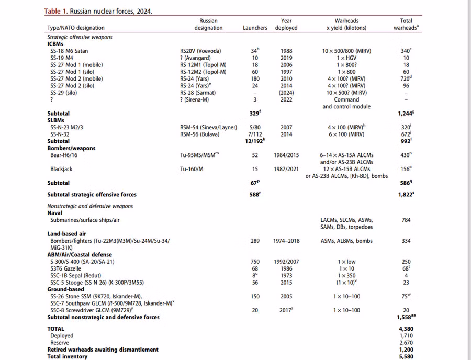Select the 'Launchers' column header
[x=255, y=28]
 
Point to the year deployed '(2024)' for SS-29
[x=286, y=93]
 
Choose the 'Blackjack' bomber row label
[x=62, y=169]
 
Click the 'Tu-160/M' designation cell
[x=191, y=169]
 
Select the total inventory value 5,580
[x=406, y=356]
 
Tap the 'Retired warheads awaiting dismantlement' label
[x=103, y=350]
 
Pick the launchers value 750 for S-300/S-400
[x=255, y=262]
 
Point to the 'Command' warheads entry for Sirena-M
[x=346, y=99]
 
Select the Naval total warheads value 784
[x=406, y=220]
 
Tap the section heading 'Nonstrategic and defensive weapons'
[x=90, y=206]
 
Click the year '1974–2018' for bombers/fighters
[x=286, y=241]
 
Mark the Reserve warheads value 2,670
[x=406, y=343]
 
